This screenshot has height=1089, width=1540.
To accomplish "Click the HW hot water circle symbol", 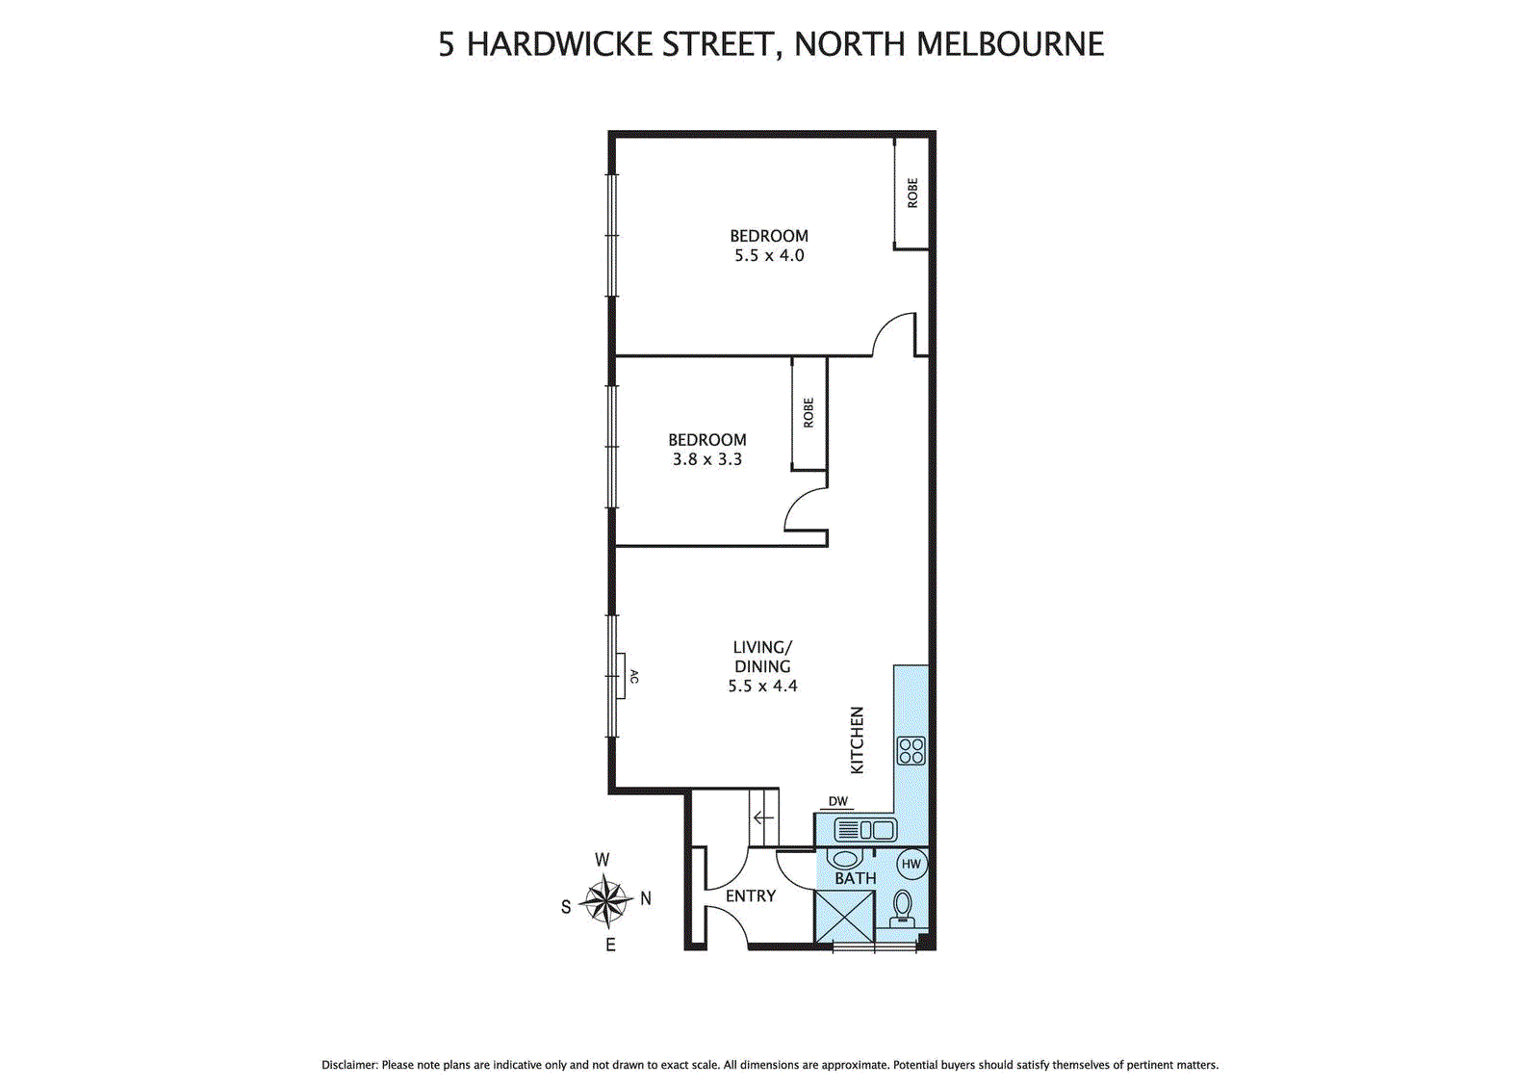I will point(911,864).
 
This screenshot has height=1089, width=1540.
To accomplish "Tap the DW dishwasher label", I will point(838,801).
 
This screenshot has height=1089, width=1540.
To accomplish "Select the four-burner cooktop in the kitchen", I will point(911,750).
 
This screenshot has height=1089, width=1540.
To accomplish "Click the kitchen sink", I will point(865,829).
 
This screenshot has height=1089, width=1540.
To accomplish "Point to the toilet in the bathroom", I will point(903,907).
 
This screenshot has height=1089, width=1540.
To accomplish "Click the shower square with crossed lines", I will point(844,917).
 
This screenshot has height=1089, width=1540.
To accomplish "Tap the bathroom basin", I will point(845,858).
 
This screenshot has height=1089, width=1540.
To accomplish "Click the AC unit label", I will point(633,676).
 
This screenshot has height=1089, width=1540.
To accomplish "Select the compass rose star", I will point(604,902).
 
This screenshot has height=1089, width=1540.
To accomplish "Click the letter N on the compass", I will point(646,898).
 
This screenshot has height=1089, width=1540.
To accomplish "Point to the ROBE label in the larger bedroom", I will point(912,193).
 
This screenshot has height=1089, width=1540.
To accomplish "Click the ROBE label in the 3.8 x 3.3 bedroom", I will point(808,413).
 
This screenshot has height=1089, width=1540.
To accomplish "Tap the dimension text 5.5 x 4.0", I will point(769,256).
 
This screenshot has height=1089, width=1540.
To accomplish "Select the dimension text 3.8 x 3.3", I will point(707,460).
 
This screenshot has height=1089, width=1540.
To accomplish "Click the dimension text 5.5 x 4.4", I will point(762,687).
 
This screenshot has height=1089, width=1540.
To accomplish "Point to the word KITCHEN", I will point(857,739).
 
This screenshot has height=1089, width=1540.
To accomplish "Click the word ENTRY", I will point(751,896).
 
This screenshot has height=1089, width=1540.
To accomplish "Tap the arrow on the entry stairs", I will point(763,818).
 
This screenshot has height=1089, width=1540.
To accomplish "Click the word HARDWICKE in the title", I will point(560,44).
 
